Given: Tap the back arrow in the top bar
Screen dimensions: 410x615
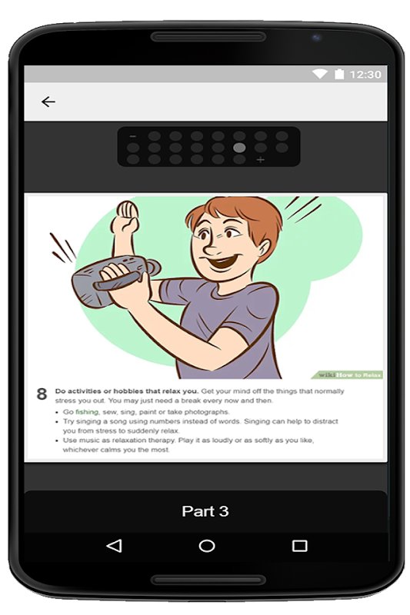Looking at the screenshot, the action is point(48,102).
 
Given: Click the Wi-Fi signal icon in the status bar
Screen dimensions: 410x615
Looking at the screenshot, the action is point(320,74).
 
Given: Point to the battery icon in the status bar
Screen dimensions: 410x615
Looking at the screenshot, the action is point(339,74).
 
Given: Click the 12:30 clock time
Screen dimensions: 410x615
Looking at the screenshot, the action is point(365,74).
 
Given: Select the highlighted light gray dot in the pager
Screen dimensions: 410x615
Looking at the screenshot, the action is point(239,148).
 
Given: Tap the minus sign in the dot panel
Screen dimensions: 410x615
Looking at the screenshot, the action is point(132,137).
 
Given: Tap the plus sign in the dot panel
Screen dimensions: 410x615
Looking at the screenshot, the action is point(260,160).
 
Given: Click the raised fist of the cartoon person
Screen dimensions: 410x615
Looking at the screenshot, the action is point(125,218).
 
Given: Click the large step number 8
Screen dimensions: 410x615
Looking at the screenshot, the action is point(42,394).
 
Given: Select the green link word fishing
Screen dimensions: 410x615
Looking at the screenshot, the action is point(87,412).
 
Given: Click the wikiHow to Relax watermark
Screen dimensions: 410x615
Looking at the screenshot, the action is point(348,375).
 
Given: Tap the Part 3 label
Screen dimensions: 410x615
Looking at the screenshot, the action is point(205,511).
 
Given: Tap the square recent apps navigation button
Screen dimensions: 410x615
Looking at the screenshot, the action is point(300,546).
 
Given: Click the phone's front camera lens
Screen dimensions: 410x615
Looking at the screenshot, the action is point(317,38).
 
